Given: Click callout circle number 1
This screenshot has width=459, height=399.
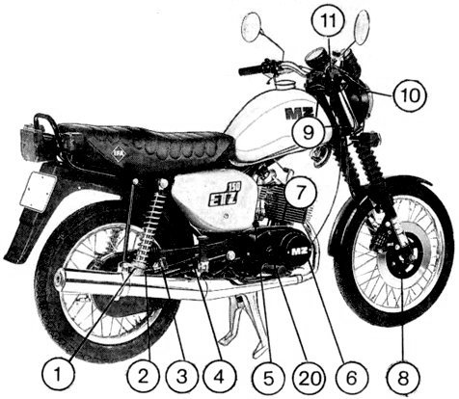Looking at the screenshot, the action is click(58, 375).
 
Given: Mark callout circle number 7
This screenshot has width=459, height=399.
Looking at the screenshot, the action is click(300, 192).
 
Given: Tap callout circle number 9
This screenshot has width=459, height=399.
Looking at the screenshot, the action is click(308, 132).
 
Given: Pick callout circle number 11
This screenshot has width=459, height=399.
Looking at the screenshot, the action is click(329, 21).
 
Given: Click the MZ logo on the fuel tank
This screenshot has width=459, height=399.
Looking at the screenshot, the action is click(299, 114).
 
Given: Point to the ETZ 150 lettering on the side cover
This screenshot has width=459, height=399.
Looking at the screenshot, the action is click(224, 195).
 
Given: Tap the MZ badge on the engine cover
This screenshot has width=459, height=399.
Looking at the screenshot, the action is click(298, 252).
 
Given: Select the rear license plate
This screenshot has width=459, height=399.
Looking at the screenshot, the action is click(38, 192).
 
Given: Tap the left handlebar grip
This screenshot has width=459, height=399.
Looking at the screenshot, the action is click(251, 68).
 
